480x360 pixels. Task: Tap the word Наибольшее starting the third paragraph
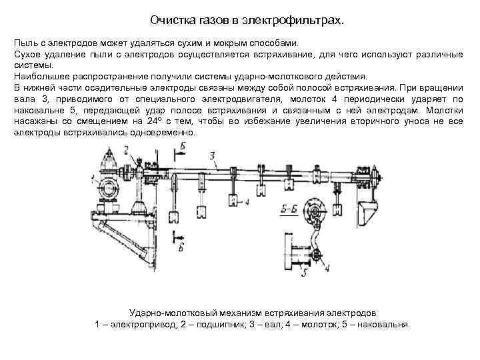tap(39, 77)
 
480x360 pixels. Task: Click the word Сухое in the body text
tap(27, 55)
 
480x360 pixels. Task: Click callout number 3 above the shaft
tap(211, 155)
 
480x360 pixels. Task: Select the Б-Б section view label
tap(289, 208)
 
